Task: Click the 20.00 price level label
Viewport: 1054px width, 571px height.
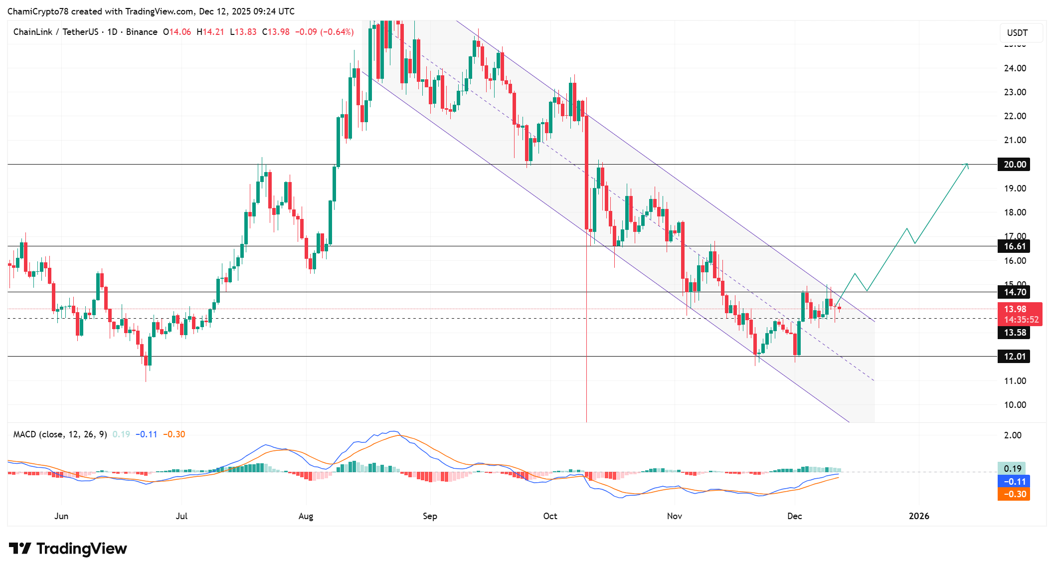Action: point(1014,165)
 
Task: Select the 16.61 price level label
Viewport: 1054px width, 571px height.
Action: point(1014,246)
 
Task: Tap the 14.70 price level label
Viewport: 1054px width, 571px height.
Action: point(1014,292)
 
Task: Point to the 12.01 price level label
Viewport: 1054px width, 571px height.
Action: point(1014,357)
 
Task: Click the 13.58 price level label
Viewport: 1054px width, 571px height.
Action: point(1014,333)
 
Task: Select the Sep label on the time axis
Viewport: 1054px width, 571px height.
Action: point(430,516)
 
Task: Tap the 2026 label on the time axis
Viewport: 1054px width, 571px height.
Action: point(919,516)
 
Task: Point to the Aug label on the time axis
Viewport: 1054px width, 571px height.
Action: point(306,516)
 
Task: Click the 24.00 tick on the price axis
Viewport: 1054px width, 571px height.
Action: point(1015,68)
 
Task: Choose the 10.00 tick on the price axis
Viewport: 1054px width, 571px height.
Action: point(1015,405)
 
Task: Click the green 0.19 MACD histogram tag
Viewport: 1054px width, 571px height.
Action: point(1012,469)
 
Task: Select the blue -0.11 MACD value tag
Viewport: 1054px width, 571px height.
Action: point(1013,482)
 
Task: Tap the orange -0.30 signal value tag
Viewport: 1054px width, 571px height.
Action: point(1013,494)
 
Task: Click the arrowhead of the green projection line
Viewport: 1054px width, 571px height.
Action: point(967,165)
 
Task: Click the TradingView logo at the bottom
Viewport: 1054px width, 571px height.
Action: point(68,549)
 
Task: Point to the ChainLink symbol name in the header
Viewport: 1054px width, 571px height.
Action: point(33,32)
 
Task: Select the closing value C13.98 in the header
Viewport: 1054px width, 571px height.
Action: point(276,32)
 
